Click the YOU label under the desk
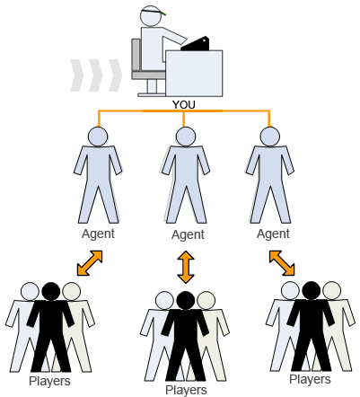pyautogui.click(x=184, y=105)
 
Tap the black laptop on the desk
pyautogui.click(x=195, y=44)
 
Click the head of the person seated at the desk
pyautogui.click(x=151, y=15)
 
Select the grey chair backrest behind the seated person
pyautogui.click(x=136, y=55)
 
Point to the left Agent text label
pyautogui.click(x=98, y=234)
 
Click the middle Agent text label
pyautogui.click(x=188, y=234)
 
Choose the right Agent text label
pyautogui.click(x=273, y=234)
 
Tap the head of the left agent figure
pyautogui.click(x=98, y=137)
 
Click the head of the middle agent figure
pyautogui.click(x=186, y=137)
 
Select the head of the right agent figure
pyautogui.click(x=270, y=137)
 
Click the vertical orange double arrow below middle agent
pyautogui.click(x=186, y=267)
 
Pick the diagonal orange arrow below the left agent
pyautogui.click(x=90, y=263)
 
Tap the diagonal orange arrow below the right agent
pyautogui.click(x=282, y=263)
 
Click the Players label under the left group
pyautogui.click(x=49, y=381)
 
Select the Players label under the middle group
pyautogui.click(x=186, y=390)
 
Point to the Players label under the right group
pyautogui.click(x=310, y=379)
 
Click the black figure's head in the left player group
pyautogui.click(x=51, y=291)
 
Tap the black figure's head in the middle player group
pyautogui.click(x=186, y=300)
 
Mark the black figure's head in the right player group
pyautogui.click(x=312, y=290)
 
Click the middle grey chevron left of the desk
pyautogui.click(x=96, y=75)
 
